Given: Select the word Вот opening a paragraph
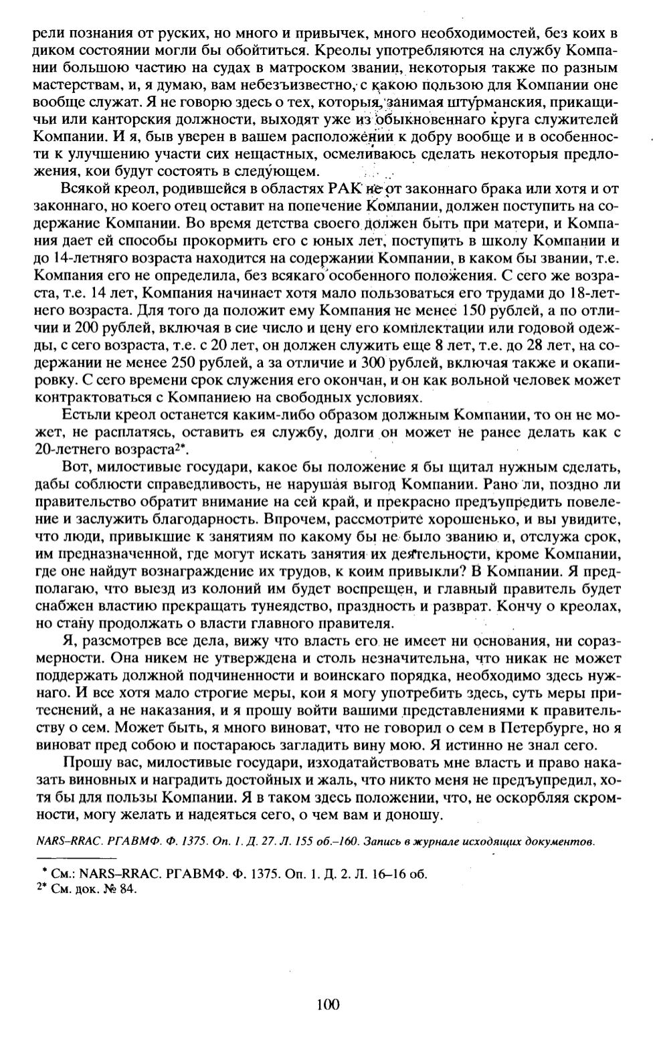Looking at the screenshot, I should coord(75,467).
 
